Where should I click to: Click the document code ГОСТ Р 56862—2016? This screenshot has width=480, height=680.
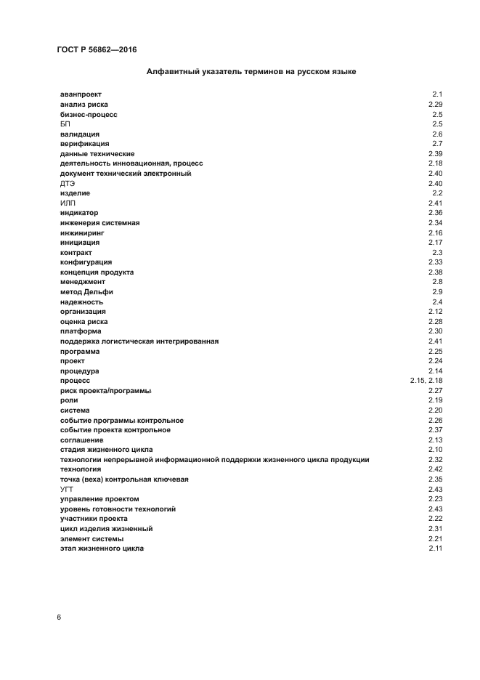tap(97, 50)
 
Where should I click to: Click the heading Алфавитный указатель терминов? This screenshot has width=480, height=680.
tap(251, 72)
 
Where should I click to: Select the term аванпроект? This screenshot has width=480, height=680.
tap(81, 95)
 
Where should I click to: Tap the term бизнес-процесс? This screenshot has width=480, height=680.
tap(89, 115)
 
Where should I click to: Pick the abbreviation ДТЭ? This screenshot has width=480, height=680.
tap(68, 184)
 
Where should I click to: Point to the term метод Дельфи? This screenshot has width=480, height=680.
tap(86, 292)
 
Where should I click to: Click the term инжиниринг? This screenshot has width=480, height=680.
tap(82, 232)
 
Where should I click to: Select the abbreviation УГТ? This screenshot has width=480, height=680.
tap(68, 490)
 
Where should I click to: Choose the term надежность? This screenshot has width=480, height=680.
tap(81, 301)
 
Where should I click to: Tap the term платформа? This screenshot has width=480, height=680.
tap(81, 331)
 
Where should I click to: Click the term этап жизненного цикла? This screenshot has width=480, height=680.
tap(102, 549)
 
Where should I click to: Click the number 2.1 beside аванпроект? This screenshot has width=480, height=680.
tap(437, 95)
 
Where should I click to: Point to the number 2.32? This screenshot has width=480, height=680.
tap(435, 460)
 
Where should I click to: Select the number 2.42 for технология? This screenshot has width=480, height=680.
tap(435, 470)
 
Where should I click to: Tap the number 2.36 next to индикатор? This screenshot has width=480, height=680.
tap(435, 213)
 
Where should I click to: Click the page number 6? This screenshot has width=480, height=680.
tap(59, 617)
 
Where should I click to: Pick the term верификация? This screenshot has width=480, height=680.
tap(84, 144)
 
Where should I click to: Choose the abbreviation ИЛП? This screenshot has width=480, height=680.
tap(68, 203)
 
